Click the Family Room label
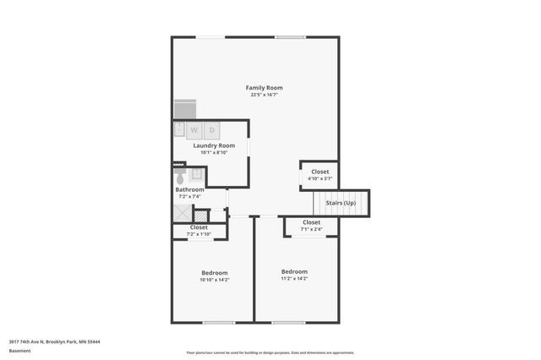(x=264, y=88)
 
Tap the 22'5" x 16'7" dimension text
(x=264, y=95)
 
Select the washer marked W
(x=194, y=130)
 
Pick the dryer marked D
(x=211, y=130)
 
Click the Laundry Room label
(x=214, y=145)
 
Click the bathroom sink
(x=197, y=174)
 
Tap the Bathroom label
(x=189, y=190)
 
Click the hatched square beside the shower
(x=201, y=215)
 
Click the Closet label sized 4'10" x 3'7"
(x=320, y=172)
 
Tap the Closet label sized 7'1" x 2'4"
(x=312, y=222)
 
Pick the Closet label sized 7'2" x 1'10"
(x=199, y=227)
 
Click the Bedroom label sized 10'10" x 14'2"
(x=215, y=272)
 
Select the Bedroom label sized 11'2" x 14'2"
(x=294, y=271)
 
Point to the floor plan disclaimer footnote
(x=270, y=352)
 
